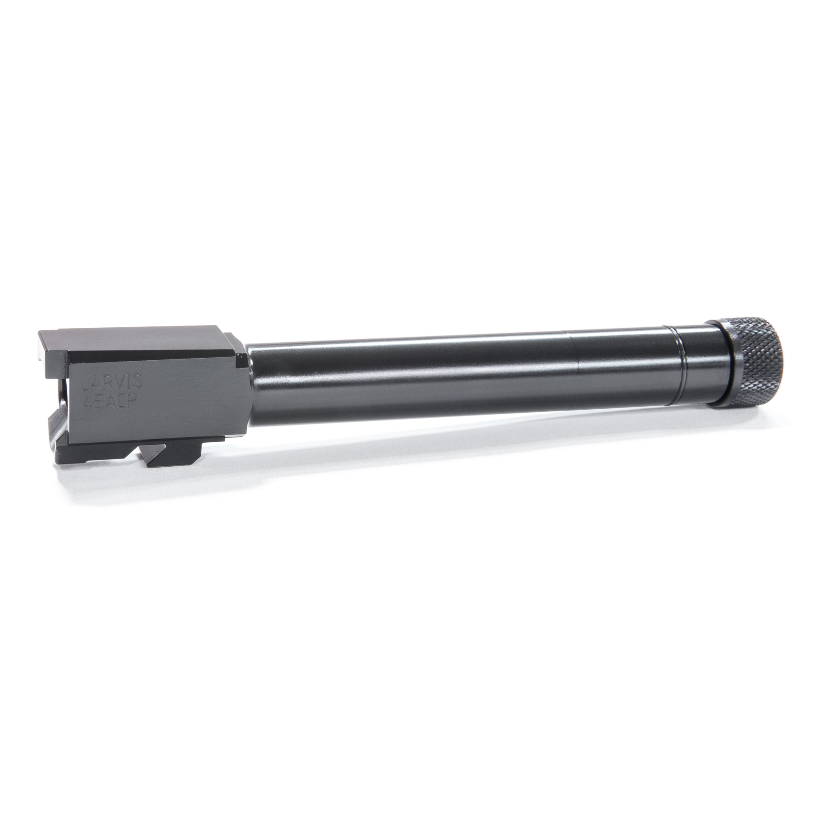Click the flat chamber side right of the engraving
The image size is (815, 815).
click(x=193, y=399)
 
